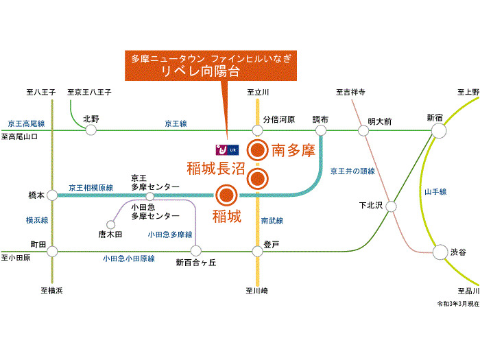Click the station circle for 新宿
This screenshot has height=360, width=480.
(x=437, y=130)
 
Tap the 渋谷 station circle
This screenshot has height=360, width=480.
(x=440, y=252)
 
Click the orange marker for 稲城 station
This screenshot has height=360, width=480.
(x=226, y=195)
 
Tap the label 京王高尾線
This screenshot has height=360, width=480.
(x=26, y=123)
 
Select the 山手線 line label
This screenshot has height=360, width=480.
(x=435, y=191)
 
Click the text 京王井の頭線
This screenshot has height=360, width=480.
(x=352, y=169)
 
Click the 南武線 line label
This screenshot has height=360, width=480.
(x=272, y=221)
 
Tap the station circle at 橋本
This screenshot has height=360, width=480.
(x=51, y=195)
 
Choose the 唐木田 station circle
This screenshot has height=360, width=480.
(x=110, y=224)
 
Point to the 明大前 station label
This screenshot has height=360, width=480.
(x=379, y=120)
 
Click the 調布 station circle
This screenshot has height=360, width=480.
(x=320, y=130)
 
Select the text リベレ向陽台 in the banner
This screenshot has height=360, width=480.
(x=205, y=71)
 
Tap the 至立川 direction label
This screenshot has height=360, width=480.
(x=257, y=93)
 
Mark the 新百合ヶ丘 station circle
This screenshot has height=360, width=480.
(x=195, y=252)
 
